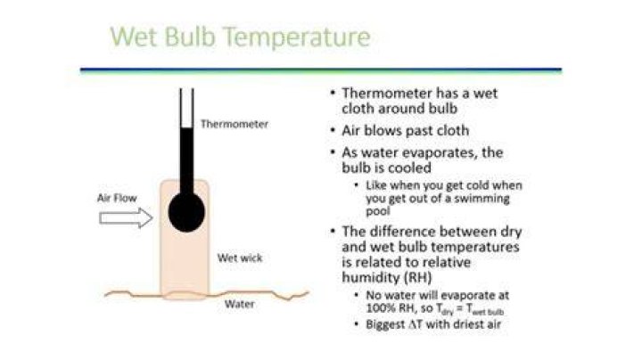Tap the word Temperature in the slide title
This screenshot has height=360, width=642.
(x=298, y=37)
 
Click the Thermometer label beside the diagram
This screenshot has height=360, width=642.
(x=235, y=124)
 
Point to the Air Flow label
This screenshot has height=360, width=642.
(x=117, y=198)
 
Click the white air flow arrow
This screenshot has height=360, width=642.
(x=126, y=217)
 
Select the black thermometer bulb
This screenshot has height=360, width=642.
(x=186, y=212)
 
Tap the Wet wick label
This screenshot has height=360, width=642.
(x=240, y=258)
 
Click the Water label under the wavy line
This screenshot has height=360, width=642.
(x=240, y=304)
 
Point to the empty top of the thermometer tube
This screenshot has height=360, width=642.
(x=186, y=108)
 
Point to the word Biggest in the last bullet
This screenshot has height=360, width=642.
(x=386, y=325)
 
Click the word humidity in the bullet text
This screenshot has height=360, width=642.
(x=371, y=277)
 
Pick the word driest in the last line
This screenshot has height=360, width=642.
(x=465, y=324)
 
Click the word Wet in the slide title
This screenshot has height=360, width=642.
(x=134, y=36)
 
